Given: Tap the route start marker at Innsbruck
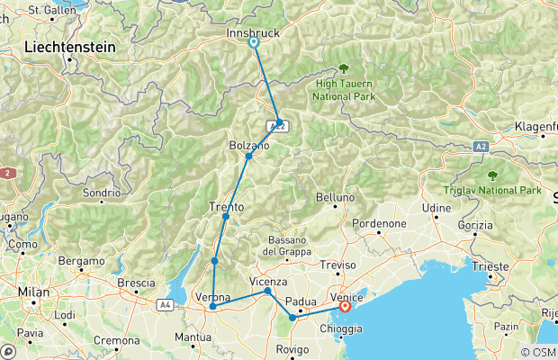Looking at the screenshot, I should pos(254,42).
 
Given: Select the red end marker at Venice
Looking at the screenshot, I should pos(345,307).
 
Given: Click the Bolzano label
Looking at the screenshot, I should pos(249,145).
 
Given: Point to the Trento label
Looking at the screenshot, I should pos(227,206).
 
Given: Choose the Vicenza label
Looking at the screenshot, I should pos(267,280).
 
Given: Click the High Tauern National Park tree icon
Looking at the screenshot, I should pos(344,68).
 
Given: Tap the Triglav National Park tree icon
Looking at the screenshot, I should pos(491,175).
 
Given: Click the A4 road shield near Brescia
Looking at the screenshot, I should pos(166,305).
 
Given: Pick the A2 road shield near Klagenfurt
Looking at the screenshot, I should pos(482,146).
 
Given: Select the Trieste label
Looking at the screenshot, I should pos(496,267).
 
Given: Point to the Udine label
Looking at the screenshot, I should pos(436,208).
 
